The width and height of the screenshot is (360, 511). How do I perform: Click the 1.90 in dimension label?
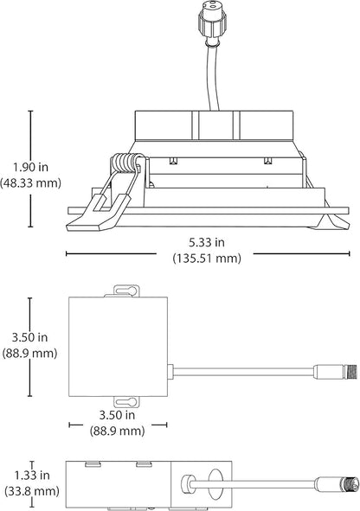(x=30, y=167)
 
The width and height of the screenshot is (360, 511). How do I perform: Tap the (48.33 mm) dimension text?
(x=30, y=182)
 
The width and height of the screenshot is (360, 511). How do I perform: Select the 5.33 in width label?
(x=207, y=242)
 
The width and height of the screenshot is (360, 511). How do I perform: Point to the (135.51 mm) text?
(x=207, y=259)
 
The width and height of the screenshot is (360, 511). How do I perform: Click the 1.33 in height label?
(x=32, y=476)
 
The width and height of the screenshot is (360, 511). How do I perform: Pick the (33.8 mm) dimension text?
(x=32, y=491)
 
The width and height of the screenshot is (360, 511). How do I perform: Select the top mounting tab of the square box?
(x=126, y=291)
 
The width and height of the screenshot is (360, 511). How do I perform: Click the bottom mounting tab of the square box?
(x=126, y=402)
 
